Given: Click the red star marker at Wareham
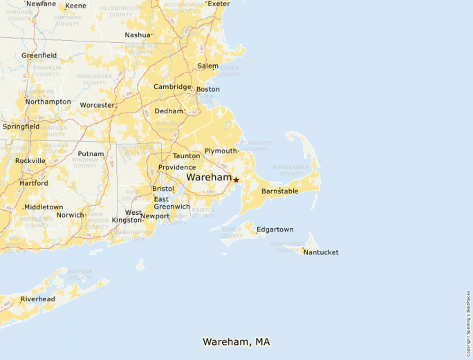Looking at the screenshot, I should pyautogui.click(x=236, y=180).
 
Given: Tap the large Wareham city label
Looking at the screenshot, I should pyautogui.click(x=209, y=178).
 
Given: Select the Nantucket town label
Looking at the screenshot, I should pyautogui.click(x=322, y=252).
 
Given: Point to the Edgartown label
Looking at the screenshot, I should pyautogui.click(x=275, y=229).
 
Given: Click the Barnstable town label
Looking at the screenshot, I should pyautogui.click(x=279, y=191).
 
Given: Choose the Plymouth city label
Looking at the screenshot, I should pyautogui.click(x=221, y=151).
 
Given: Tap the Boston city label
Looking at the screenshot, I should pyautogui.click(x=208, y=89).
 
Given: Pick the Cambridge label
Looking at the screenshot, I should pyautogui.click(x=172, y=87).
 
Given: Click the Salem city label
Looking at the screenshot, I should pyautogui.click(x=207, y=66).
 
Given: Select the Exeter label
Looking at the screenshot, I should pyautogui.click(x=219, y=3).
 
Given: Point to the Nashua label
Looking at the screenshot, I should pyautogui.click(x=137, y=35).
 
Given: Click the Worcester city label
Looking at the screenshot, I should pyautogui.click(x=97, y=105).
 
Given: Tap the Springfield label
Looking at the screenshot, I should pyautogui.click(x=21, y=126).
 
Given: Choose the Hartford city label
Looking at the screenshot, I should pyautogui.click(x=34, y=183).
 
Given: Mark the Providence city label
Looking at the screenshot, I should pyautogui.click(x=177, y=167).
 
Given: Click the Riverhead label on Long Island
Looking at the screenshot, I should pyautogui.click(x=37, y=299).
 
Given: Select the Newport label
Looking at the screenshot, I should pyautogui.click(x=155, y=216).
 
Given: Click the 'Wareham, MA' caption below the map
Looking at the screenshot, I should pyautogui.click(x=236, y=342).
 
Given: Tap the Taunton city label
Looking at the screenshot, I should pyautogui.click(x=186, y=156).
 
